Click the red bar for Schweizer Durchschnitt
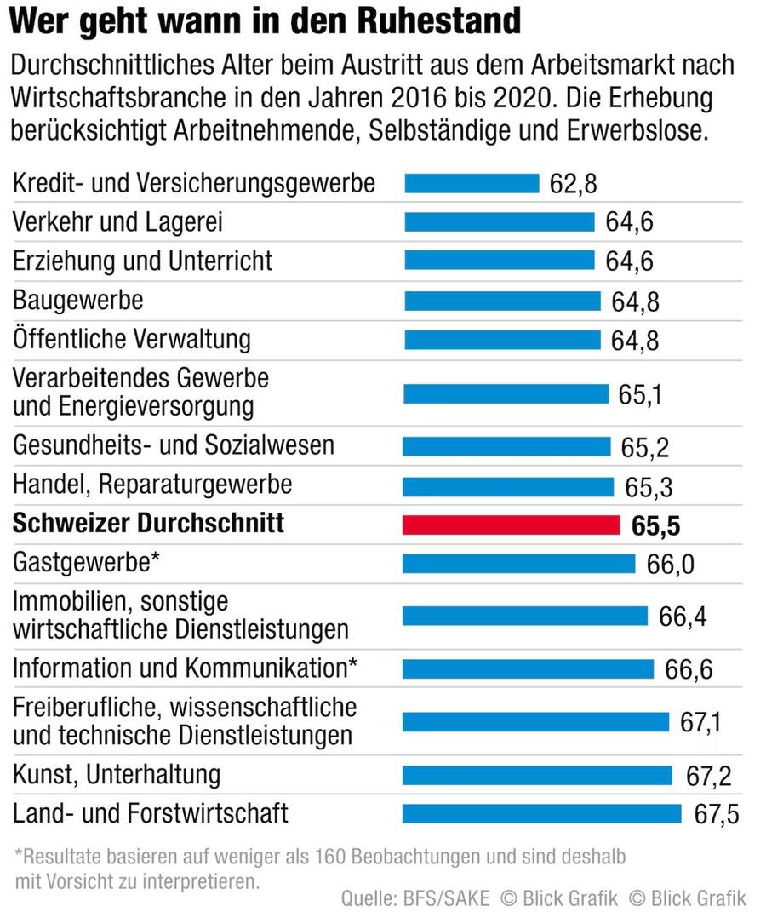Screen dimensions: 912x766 (511, 525)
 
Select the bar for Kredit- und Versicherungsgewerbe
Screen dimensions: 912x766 (472, 184)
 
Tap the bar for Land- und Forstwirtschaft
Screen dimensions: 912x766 (541, 813)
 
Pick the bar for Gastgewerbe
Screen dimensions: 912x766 (518, 564)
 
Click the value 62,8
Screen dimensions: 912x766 (573, 185)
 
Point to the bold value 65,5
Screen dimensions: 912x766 (655, 526)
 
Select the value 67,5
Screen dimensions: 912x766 (716, 814)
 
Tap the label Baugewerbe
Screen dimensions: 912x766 (77, 300)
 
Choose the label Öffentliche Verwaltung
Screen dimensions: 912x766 (132, 339)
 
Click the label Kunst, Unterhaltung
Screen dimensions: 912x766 (117, 775)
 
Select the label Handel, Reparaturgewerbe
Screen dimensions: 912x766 (152, 485)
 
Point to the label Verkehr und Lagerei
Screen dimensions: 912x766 (117, 222)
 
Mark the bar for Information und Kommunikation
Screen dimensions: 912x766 (528, 669)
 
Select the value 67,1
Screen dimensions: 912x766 (700, 723)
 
